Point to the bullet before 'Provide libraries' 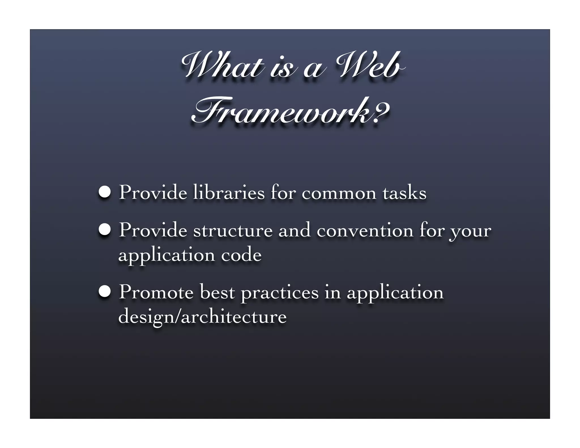point(105,193)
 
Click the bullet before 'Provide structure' point(105,230)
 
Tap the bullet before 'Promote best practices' point(105,292)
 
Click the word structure point(233,231)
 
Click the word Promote point(156,292)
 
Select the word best point(217,292)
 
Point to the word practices point(280,293)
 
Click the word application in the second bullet point(166,256)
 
